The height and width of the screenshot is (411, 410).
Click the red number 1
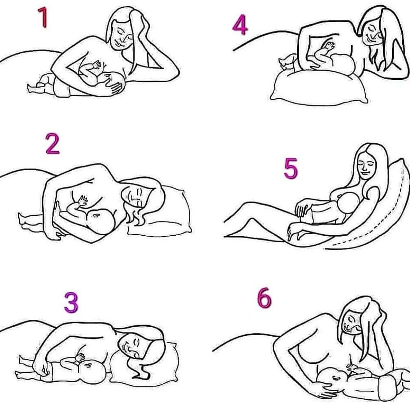43,17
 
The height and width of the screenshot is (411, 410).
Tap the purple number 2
53,143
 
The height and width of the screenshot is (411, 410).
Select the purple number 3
72,302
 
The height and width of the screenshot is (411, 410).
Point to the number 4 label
240,25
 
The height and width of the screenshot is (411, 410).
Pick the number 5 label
291,168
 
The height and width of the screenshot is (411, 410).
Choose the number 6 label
264,298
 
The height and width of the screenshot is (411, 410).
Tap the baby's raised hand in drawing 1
97,65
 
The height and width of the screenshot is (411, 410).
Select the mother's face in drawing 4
372,32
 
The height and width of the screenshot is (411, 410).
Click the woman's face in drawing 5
366,166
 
